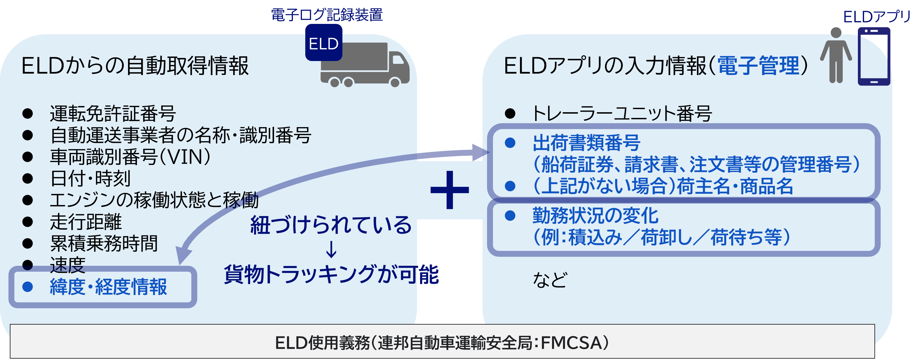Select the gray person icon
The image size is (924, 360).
[836, 56]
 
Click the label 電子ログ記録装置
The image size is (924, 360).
[326, 15]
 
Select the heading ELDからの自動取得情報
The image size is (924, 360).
[135, 66]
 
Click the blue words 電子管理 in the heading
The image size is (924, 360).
[758, 66]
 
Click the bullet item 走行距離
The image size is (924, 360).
[86, 222]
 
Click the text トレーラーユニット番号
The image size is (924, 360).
[622, 114]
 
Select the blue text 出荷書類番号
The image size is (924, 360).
[586, 143]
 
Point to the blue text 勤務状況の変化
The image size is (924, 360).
[595, 216]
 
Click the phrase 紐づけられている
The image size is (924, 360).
[331, 225]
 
